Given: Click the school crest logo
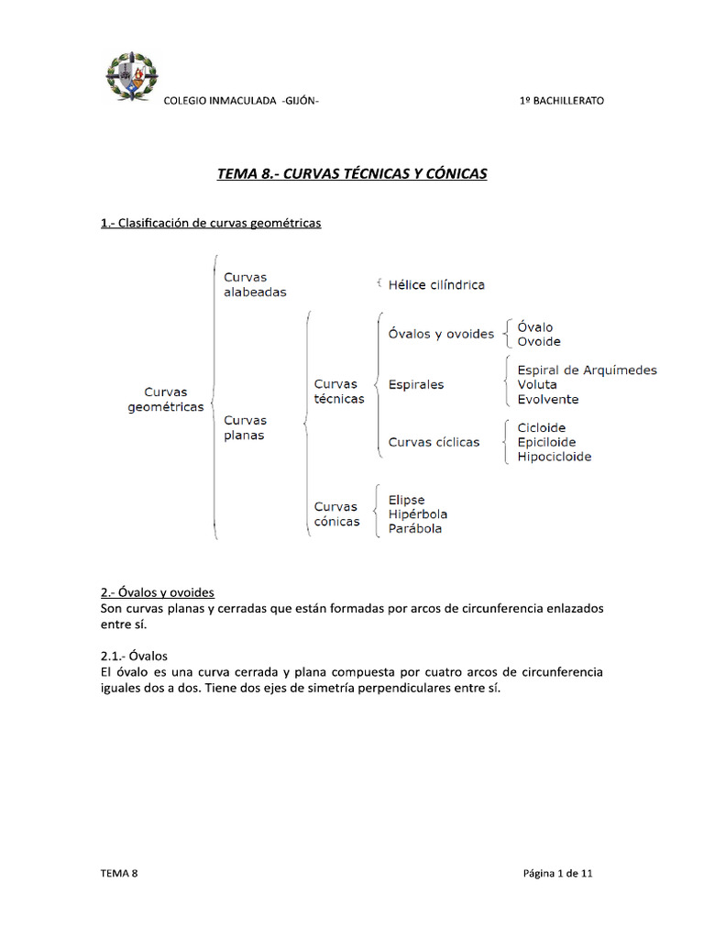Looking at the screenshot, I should [x=132, y=77].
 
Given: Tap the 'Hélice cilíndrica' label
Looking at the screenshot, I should [x=436, y=285].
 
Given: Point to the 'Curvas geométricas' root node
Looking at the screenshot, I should [x=165, y=400].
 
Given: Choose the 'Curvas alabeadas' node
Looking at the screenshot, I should [x=255, y=284].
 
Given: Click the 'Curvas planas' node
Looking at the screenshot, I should [x=245, y=428].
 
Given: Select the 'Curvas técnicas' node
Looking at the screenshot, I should [x=338, y=392].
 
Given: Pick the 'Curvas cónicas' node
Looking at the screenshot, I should [x=336, y=514].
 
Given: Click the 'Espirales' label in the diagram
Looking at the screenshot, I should [x=415, y=385].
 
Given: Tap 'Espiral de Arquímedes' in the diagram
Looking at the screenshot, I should [x=587, y=370].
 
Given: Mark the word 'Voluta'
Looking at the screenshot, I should [x=536, y=385].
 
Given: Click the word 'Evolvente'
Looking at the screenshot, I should [x=547, y=400].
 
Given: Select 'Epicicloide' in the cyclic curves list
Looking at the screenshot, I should [x=546, y=442].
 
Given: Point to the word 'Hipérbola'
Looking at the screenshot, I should [x=418, y=514].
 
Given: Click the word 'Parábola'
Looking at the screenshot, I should [x=415, y=529].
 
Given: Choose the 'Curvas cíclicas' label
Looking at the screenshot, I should [x=434, y=442].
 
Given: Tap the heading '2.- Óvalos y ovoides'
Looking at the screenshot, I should [x=157, y=592].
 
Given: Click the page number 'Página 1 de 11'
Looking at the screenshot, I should [x=557, y=874].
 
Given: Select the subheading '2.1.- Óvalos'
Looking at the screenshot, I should [x=134, y=656].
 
